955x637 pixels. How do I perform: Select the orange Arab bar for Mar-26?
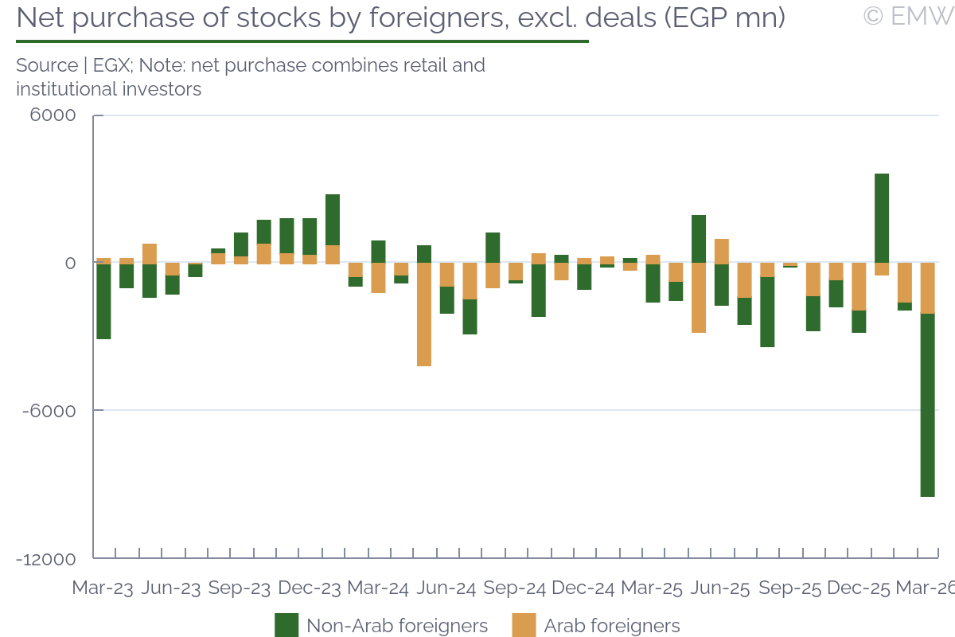point(927,287)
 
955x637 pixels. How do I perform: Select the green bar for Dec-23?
point(310,236)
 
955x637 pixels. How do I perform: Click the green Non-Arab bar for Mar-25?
point(653,283)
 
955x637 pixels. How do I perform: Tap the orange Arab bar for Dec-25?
point(859,286)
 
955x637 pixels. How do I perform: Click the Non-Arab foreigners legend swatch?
point(286,625)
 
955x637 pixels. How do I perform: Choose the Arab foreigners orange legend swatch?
point(524,625)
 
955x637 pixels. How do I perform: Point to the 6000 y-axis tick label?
point(54,115)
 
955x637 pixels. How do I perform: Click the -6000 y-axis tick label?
point(50,411)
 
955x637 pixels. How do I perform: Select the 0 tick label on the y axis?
point(70,264)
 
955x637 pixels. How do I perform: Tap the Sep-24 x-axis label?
point(515,588)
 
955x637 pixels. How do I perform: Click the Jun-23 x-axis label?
point(171,588)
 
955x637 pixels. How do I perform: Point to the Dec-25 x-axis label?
point(859,588)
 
